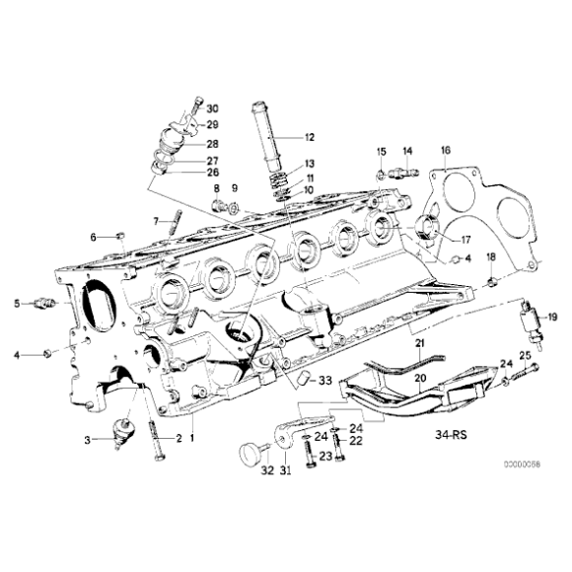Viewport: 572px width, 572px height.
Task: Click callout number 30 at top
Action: pyautogui.click(x=214, y=107)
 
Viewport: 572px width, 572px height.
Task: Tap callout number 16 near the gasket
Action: pyautogui.click(x=445, y=150)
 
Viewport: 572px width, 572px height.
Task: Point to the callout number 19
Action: pyautogui.click(x=552, y=317)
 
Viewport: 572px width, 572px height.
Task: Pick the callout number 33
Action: pyautogui.click(x=325, y=380)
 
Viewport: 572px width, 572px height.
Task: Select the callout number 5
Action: pyautogui.click(x=17, y=304)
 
